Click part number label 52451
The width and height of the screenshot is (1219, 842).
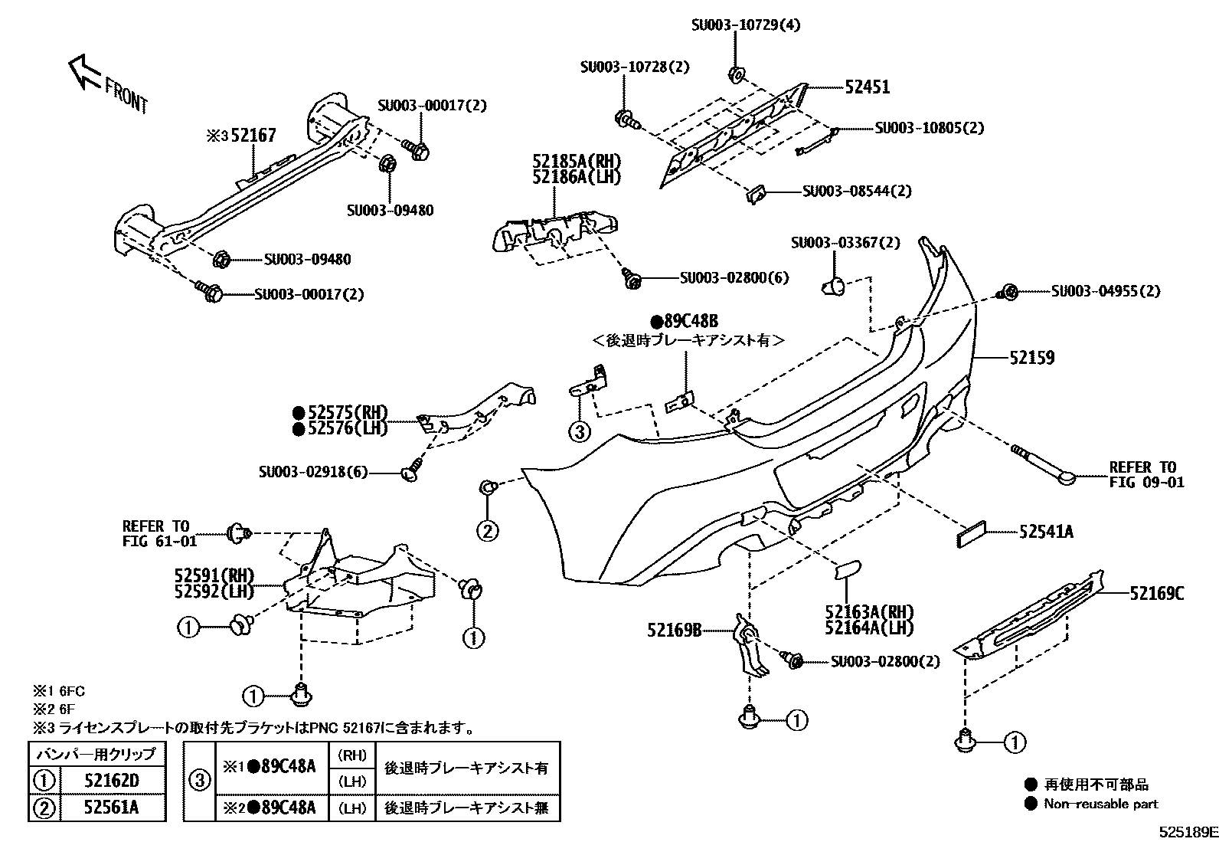click(x=867, y=87)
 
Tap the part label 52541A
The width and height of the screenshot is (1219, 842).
click(x=1045, y=532)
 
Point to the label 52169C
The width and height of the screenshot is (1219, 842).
click(x=1157, y=593)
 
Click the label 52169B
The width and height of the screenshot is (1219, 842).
click(x=674, y=631)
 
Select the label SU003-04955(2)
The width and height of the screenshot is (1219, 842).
click(x=1105, y=291)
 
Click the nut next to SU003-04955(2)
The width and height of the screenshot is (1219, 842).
click(x=1008, y=291)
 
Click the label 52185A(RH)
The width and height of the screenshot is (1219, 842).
click(x=577, y=162)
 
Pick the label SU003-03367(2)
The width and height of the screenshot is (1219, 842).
click(x=845, y=243)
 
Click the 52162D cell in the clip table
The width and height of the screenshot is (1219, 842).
click(x=112, y=781)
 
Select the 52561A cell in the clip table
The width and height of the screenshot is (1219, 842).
click(x=112, y=808)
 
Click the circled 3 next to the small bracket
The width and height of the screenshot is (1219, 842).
click(x=580, y=432)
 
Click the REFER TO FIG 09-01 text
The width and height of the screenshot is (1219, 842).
click(x=1146, y=474)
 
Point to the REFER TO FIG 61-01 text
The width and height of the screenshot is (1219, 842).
click(x=159, y=534)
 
